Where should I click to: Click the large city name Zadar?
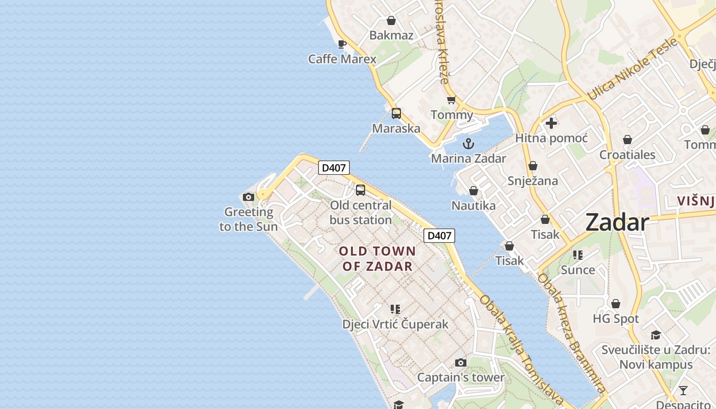point(617,222)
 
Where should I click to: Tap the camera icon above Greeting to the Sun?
point(249,197)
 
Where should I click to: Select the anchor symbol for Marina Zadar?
point(468,144)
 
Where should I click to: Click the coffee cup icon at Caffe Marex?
point(342,44)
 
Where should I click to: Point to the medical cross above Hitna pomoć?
point(551,123)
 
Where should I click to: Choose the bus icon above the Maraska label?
point(396,113)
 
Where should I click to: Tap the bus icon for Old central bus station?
point(361,190)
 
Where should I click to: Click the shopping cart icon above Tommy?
point(451,100)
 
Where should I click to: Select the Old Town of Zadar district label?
point(377,259)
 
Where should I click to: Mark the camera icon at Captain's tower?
point(461,362)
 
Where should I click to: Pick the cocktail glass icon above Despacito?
point(683,391)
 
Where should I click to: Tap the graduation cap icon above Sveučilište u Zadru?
point(656,335)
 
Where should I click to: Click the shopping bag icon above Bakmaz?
point(391,20)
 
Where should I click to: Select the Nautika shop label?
point(474,206)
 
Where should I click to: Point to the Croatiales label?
point(627,154)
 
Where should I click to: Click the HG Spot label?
point(616,319)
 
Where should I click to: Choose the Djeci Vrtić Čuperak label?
point(395,324)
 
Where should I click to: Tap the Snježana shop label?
point(532,180)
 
